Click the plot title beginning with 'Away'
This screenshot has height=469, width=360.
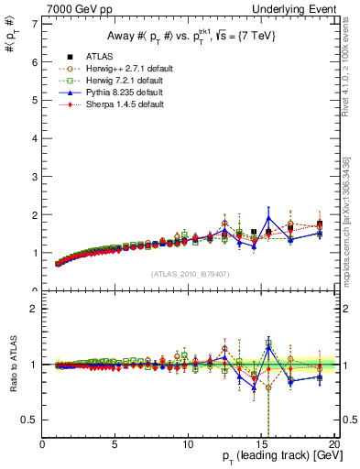coord(188,36)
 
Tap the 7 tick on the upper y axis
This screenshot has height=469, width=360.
coord(34,23)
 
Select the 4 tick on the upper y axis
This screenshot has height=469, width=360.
coord(34,137)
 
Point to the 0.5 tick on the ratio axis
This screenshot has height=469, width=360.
coord(30,420)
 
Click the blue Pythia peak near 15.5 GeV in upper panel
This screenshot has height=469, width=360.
coord(268,218)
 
